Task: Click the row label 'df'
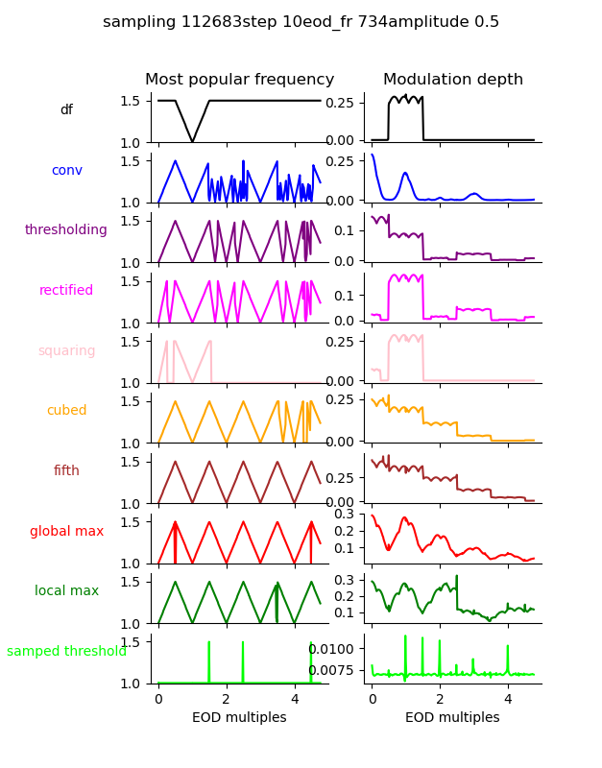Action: (66, 110)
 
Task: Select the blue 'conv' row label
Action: (66, 170)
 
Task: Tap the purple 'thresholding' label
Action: (66, 230)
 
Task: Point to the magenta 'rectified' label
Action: (66, 291)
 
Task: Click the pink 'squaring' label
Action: (66, 350)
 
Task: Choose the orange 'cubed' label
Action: (66, 411)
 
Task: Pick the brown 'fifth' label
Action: (66, 470)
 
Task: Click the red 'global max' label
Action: (66, 531)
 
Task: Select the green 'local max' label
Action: (66, 591)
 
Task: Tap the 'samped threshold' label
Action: (66, 651)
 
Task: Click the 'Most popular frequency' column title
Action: (239, 80)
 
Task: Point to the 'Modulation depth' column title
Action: (452, 80)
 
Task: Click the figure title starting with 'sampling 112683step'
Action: (301, 22)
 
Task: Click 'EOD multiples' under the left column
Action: (239, 717)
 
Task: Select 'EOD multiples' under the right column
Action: (452, 717)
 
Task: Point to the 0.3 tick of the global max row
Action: (351, 514)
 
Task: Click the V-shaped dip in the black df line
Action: (193, 141)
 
